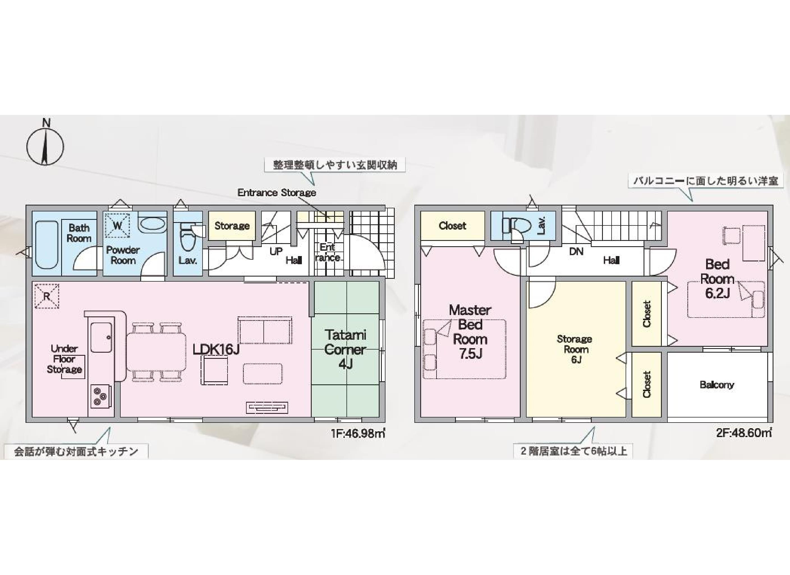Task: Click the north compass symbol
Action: pyautogui.click(x=45, y=144)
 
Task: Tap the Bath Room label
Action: pyautogui.click(x=79, y=233)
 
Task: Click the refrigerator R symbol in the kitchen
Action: pyautogui.click(x=47, y=296)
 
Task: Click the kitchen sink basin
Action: pyautogui.click(x=101, y=337)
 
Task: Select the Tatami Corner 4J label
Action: pyautogui.click(x=345, y=349)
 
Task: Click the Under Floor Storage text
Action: pyautogui.click(x=65, y=359)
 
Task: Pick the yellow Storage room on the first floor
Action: pyautogui.click(x=232, y=226)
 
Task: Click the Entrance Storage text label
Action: pyautogui.click(x=277, y=193)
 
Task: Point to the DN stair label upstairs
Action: pyautogui.click(x=576, y=251)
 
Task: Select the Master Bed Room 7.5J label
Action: pyautogui.click(x=470, y=332)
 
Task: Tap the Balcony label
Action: pyautogui.click(x=717, y=385)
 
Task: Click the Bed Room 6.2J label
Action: pyautogui.click(x=717, y=279)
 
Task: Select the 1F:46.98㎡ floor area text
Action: pyautogui.click(x=358, y=433)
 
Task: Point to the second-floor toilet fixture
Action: pyautogui.click(x=516, y=226)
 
